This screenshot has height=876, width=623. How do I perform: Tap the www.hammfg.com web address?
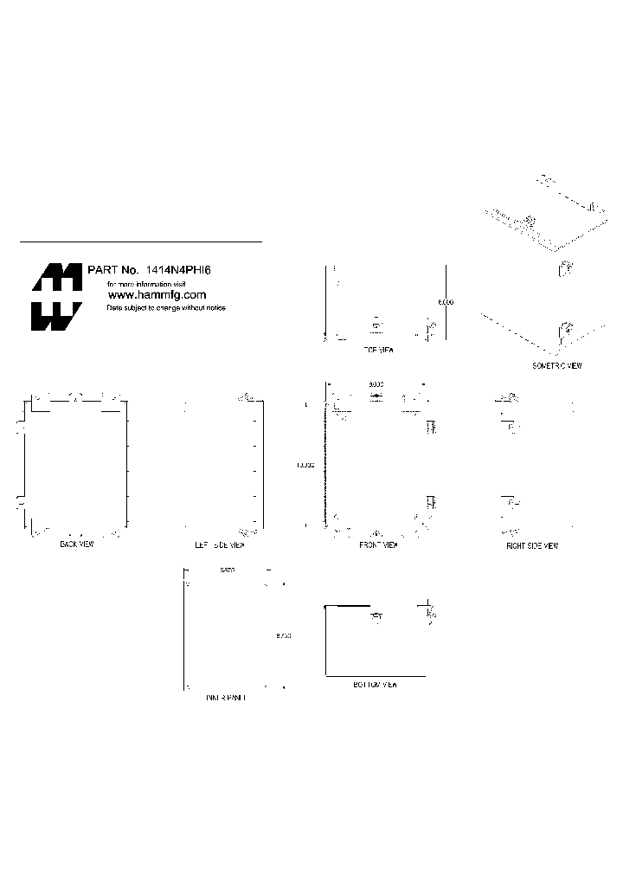pyautogui.click(x=156, y=295)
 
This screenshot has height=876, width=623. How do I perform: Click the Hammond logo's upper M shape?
pyautogui.click(x=57, y=277)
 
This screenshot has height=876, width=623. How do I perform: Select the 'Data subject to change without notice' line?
pyautogui.click(x=165, y=308)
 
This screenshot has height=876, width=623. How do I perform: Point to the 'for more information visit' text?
pyautogui.click(x=146, y=283)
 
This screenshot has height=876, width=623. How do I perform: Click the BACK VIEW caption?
pyautogui.click(x=77, y=544)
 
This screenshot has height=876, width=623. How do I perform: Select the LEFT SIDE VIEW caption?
pyautogui.click(x=220, y=545)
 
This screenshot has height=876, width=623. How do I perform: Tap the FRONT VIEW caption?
pyautogui.click(x=378, y=545)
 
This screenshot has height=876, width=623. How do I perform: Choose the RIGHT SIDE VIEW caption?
pyautogui.click(x=532, y=545)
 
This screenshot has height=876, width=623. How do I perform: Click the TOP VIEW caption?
pyautogui.click(x=377, y=351)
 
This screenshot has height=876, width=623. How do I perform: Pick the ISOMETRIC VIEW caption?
pyautogui.click(x=556, y=366)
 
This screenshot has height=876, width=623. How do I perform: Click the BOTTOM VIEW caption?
pyautogui.click(x=375, y=684)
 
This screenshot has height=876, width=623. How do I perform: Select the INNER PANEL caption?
pyautogui.click(x=225, y=697)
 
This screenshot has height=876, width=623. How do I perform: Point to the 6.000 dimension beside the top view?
pyautogui.click(x=445, y=302)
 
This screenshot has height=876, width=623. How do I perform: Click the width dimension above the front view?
pyautogui.click(x=376, y=383)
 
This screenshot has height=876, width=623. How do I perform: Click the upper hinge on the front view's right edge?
pyautogui.click(x=431, y=425)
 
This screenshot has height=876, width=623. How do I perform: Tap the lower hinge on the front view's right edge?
pyautogui.click(x=431, y=502)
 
